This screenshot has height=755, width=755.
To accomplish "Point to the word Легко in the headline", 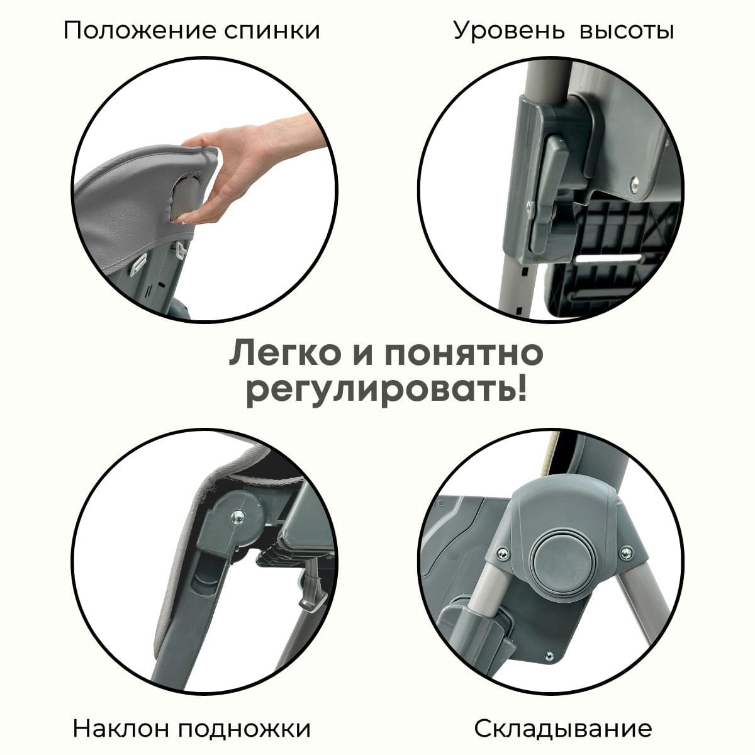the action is click(288, 354).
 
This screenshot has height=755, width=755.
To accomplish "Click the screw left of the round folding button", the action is click(502, 553).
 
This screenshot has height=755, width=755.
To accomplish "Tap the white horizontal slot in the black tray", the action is click(609, 258).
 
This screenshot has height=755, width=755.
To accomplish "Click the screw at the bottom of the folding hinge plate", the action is click(549, 655).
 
